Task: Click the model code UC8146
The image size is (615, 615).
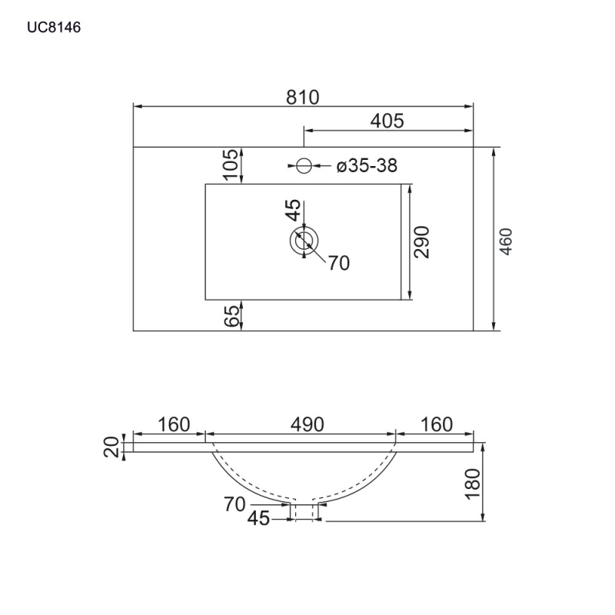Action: [x=54, y=27]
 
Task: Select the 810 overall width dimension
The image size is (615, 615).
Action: [x=302, y=98]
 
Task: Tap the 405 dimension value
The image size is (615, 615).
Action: [x=387, y=121]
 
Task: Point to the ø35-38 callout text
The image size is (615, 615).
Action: [x=367, y=165]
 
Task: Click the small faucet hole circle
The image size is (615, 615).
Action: [x=304, y=165]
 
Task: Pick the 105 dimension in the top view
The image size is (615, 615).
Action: [x=231, y=164]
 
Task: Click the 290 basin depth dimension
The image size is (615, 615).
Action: [x=422, y=242]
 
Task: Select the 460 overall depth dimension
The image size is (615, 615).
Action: [x=507, y=241]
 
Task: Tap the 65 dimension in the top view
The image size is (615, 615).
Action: [x=231, y=316]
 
